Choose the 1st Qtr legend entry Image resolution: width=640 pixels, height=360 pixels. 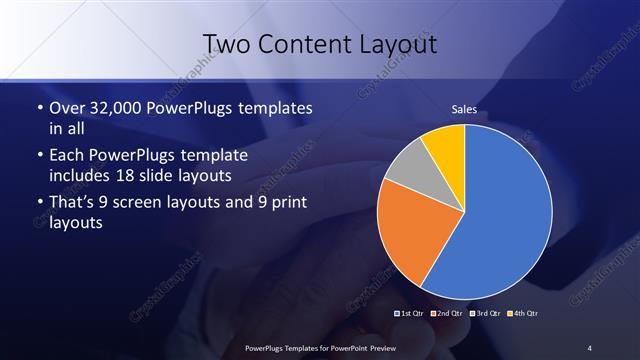pyautogui.click(x=410, y=313)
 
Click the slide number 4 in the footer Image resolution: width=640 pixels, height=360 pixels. pyautogui.click(x=589, y=347)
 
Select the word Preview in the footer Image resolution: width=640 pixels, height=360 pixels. pyautogui.click(x=377, y=347)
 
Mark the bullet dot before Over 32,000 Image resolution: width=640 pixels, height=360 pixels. pyautogui.click(x=39, y=107)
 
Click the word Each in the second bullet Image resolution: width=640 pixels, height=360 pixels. pyautogui.click(x=66, y=157)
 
